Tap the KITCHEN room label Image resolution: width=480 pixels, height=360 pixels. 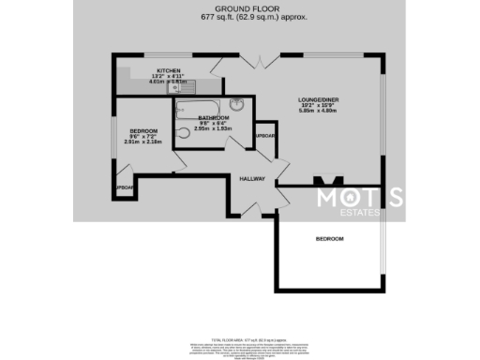[169, 71]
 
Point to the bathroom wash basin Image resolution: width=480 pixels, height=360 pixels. [238, 104]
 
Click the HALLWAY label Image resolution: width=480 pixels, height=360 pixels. [252, 178]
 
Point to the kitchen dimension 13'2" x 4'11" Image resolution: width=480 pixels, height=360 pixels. [169, 77]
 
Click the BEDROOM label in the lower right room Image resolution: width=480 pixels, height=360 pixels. [329, 239]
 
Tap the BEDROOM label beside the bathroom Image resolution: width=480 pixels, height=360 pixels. [143, 130]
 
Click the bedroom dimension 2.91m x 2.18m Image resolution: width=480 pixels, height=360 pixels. [143, 142]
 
